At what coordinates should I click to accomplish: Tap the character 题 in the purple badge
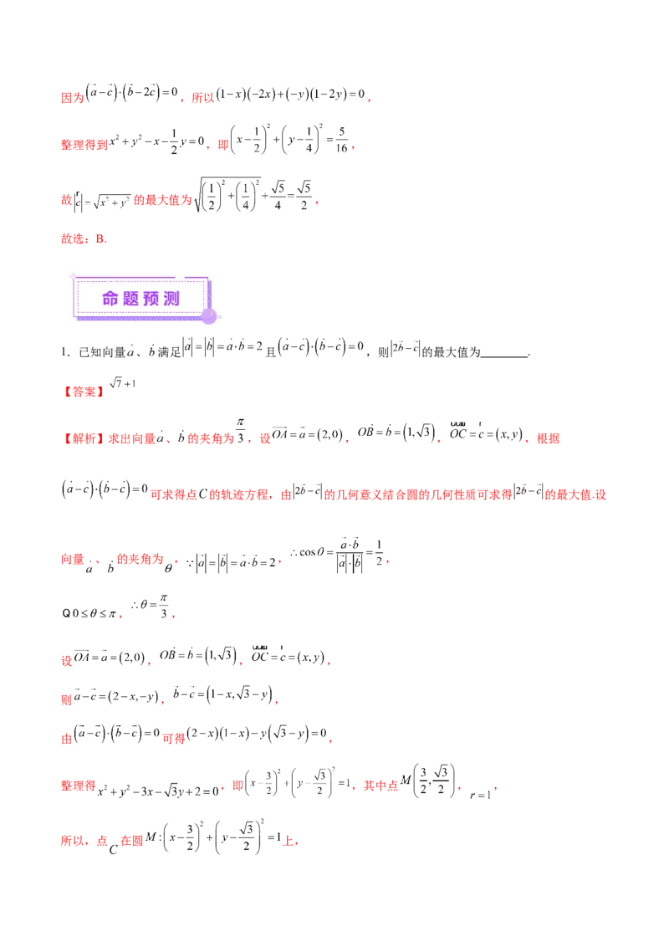pos(131,298)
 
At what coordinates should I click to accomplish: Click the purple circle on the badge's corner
pos(209,315)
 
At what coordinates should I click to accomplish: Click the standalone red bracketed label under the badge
pos(84,391)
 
